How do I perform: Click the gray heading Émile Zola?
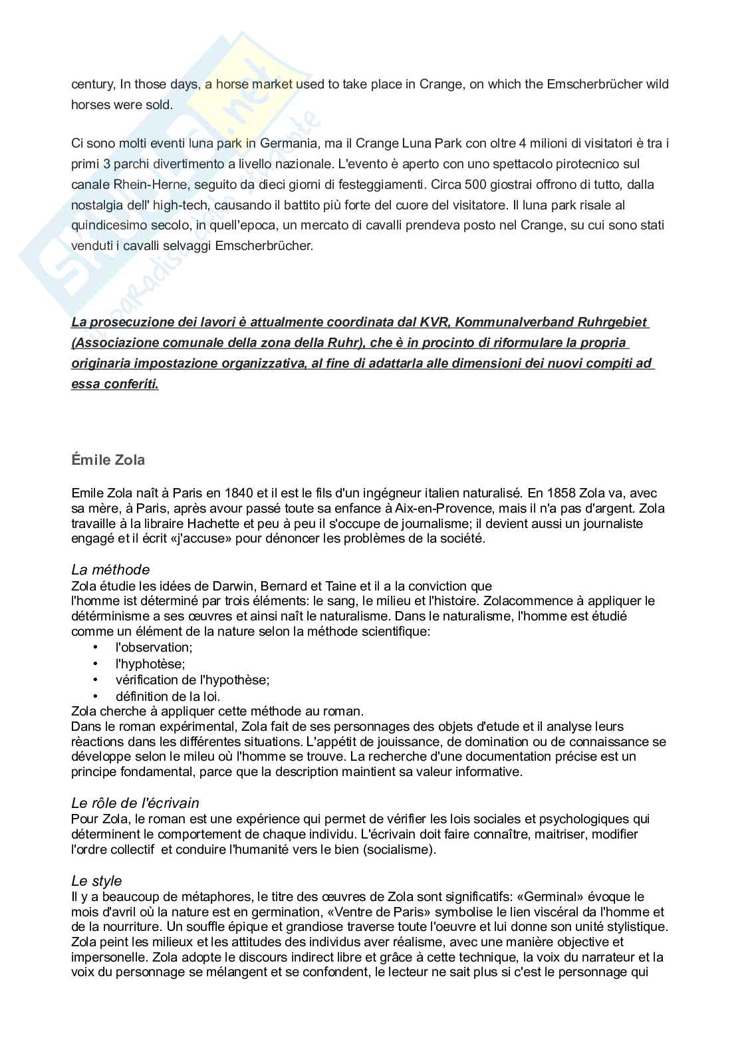click(x=108, y=459)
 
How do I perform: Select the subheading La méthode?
click(x=110, y=570)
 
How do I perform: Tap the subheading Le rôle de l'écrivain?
click(x=135, y=803)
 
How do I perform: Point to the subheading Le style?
click(x=96, y=881)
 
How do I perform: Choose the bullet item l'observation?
click(x=154, y=647)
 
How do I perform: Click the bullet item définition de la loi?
click(x=168, y=696)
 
